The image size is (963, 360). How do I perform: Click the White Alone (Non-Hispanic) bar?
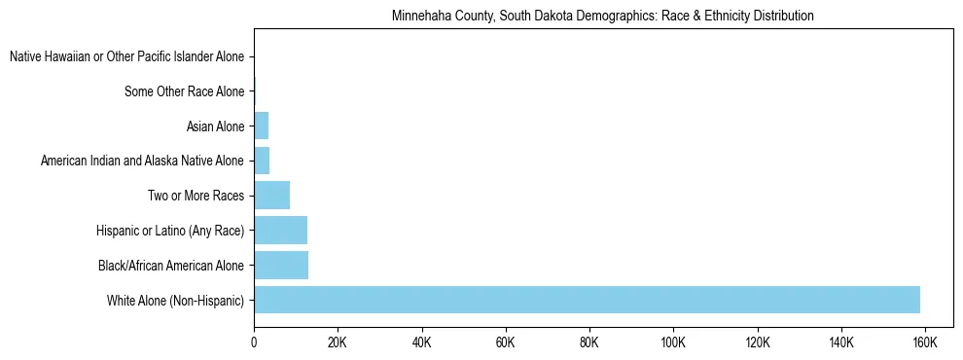[587, 300]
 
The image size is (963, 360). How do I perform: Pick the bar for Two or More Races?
[271, 196]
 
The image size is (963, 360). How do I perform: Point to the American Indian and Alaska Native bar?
[262, 161]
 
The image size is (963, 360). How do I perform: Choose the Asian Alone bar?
[261, 126]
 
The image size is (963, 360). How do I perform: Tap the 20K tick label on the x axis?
[337, 343]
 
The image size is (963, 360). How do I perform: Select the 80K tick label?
[588, 343]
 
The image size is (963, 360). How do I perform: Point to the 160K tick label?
[924, 343]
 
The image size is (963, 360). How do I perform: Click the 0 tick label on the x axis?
[254, 343]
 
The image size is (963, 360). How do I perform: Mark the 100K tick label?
[672, 343]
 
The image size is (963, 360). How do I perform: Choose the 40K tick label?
[421, 343]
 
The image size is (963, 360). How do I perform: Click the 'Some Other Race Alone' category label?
[185, 92]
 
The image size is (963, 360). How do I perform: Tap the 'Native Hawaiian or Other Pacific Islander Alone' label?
[126, 57]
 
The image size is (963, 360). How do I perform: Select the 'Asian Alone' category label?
[215, 126]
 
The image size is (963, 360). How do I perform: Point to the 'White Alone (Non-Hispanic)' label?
[176, 300]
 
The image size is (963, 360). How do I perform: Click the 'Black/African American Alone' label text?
[171, 265]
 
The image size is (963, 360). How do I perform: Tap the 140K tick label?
[840, 343]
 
